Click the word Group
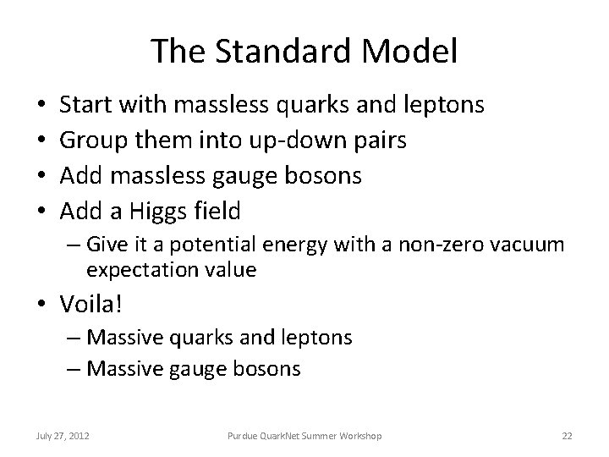(93, 140)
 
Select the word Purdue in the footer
(244, 435)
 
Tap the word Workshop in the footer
(359, 435)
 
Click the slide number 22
(567, 435)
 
